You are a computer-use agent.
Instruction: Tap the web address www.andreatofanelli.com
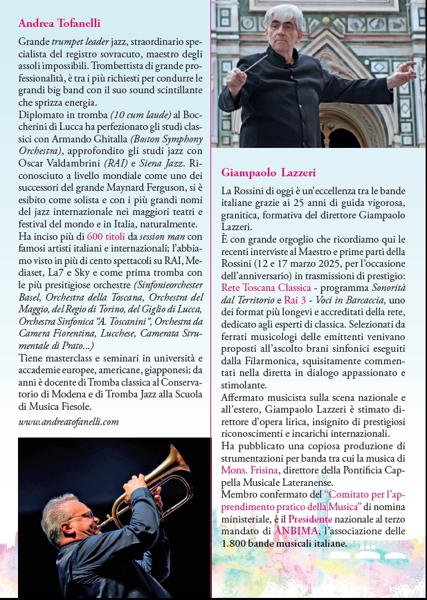69,421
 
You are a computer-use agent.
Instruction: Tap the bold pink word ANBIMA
298,530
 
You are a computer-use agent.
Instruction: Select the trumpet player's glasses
80,515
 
